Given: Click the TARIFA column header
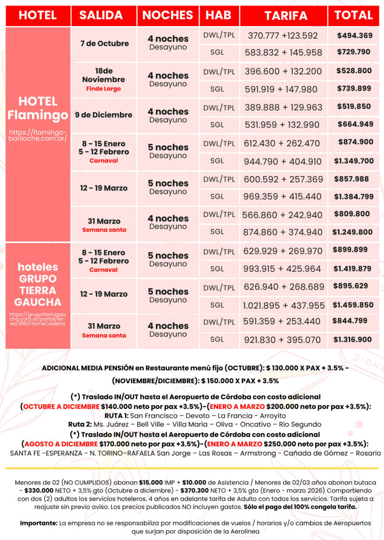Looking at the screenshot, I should [286, 15].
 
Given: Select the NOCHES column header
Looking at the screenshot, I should [168, 15].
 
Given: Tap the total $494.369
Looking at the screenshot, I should [354, 35].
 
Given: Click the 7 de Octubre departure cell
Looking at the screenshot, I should [104, 43].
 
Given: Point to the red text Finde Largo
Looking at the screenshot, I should [103, 89].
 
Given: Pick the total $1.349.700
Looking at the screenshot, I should [354, 161].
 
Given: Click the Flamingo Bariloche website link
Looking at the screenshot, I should [38, 135].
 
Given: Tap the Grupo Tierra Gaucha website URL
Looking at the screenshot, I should [38, 319].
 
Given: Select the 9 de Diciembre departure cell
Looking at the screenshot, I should [104, 115].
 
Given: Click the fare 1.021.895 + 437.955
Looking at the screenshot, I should [284, 305].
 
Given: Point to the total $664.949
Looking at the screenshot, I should [355, 124].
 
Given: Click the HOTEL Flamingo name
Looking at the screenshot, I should [38, 108].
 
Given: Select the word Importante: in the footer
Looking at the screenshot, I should [39, 523].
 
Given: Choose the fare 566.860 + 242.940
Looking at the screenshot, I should [283, 215].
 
